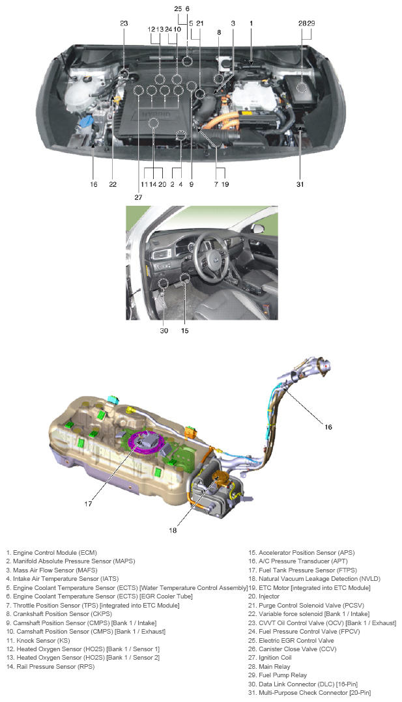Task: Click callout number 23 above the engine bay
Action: pyautogui.click(x=124, y=23)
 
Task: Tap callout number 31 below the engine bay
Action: pyautogui.click(x=300, y=184)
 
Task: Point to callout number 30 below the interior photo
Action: pyautogui.click(x=164, y=330)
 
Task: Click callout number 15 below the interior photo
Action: pyautogui.click(x=184, y=330)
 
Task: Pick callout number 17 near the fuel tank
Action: pyautogui.click(x=88, y=503)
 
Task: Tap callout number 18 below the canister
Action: pyautogui.click(x=173, y=530)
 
